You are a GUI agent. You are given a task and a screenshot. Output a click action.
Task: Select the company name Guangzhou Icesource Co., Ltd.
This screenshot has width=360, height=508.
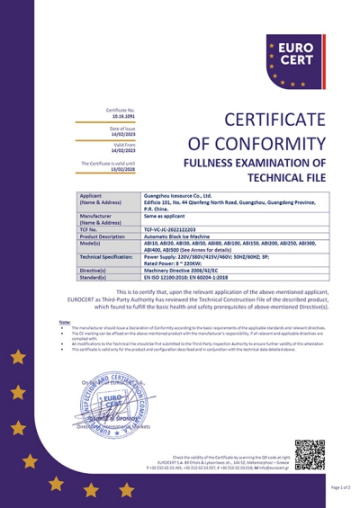tap(178, 194)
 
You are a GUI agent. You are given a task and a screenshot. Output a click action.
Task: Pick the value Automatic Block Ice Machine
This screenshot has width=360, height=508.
tap(182, 237)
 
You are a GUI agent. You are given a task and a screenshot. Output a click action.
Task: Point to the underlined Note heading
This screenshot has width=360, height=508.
tap(65, 321)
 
